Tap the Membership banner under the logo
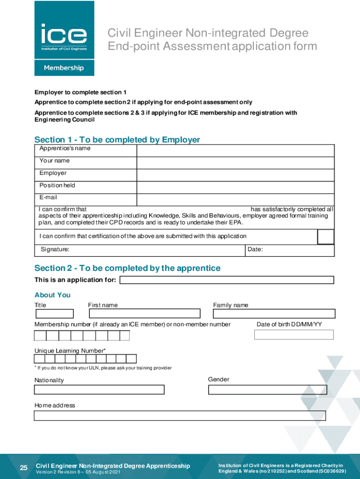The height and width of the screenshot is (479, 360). point(64,68)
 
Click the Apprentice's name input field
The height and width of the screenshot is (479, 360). point(235,150)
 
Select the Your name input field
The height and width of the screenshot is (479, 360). point(235,163)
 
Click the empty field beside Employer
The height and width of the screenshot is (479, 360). point(235,175)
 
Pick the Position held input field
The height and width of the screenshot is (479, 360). point(235,188)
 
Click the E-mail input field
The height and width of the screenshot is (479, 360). point(235,200)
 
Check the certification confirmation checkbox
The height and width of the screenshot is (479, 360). point(326,237)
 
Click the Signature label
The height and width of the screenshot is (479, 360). point(55,250)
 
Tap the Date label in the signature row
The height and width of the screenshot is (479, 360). point(255,250)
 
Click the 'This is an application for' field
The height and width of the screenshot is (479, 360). point(227,280)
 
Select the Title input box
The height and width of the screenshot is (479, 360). point(54,314)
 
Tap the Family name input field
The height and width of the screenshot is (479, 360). point(274,314)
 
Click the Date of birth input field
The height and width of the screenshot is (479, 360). point(294,334)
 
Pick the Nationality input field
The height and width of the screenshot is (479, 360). point(99,390)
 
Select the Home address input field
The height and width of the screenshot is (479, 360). point(180,416)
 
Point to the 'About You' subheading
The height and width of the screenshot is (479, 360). point(52,295)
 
